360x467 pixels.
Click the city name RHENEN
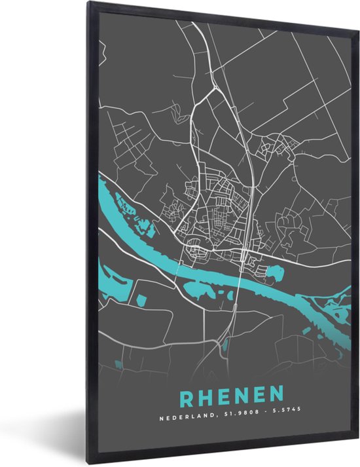tap(232, 395)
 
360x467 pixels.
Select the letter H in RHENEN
tap(204, 395)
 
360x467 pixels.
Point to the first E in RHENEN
tap(223, 395)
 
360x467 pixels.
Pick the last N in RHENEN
tap(277, 395)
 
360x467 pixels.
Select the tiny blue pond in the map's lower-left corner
tap(118, 364)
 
